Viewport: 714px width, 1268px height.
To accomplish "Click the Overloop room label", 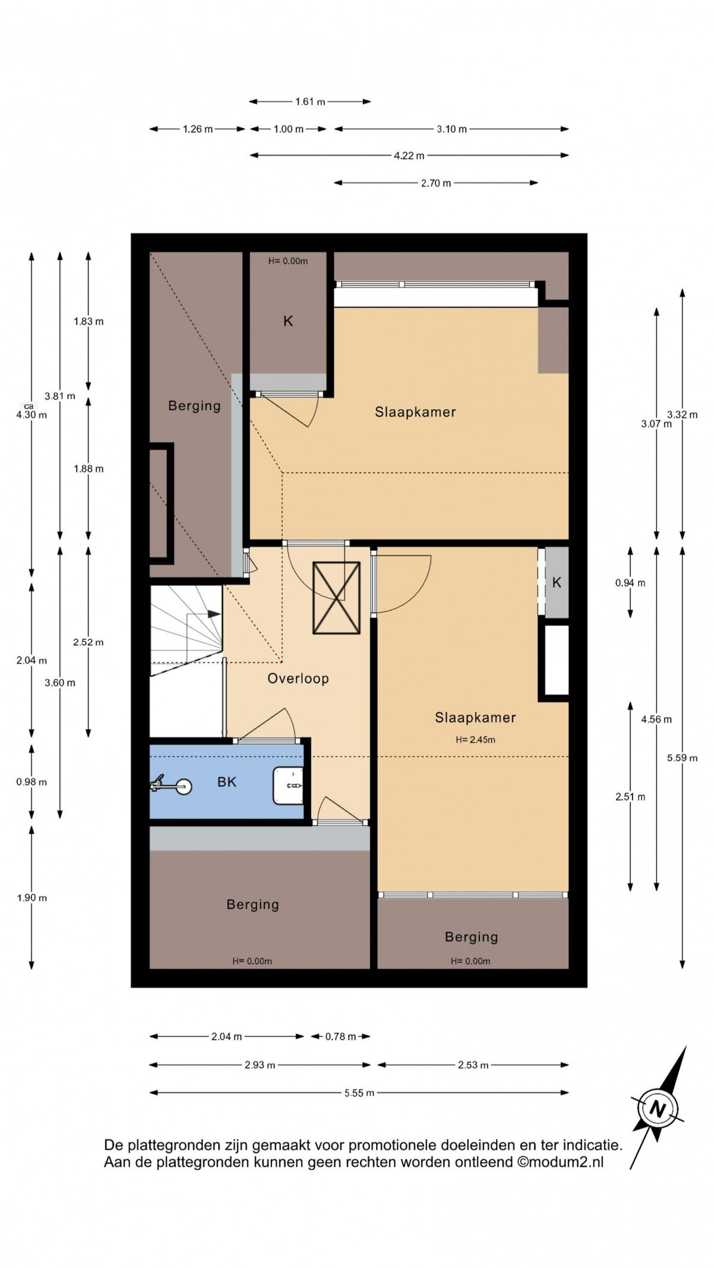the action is [x=298, y=679].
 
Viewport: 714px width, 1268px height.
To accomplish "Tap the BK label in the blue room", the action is [x=227, y=781].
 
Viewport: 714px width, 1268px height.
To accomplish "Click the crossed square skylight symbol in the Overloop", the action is [x=337, y=598].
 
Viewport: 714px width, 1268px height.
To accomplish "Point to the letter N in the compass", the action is [x=657, y=1109].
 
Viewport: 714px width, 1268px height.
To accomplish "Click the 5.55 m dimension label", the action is [x=359, y=1093].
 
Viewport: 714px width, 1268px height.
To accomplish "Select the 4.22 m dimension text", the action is [x=409, y=156].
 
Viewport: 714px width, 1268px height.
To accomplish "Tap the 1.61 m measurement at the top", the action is [x=310, y=102].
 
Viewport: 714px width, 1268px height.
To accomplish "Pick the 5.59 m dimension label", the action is [x=682, y=758].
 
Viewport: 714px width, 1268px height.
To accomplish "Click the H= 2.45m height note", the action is [x=475, y=740].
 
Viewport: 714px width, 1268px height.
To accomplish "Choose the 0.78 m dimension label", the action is [x=340, y=1037].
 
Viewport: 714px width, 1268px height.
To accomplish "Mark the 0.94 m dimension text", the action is [x=630, y=583].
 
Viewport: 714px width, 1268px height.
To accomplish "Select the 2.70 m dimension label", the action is [x=436, y=183].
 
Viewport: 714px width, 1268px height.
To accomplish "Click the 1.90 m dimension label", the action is [x=32, y=898].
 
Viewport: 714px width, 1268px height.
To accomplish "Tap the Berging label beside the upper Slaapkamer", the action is [x=195, y=406].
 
